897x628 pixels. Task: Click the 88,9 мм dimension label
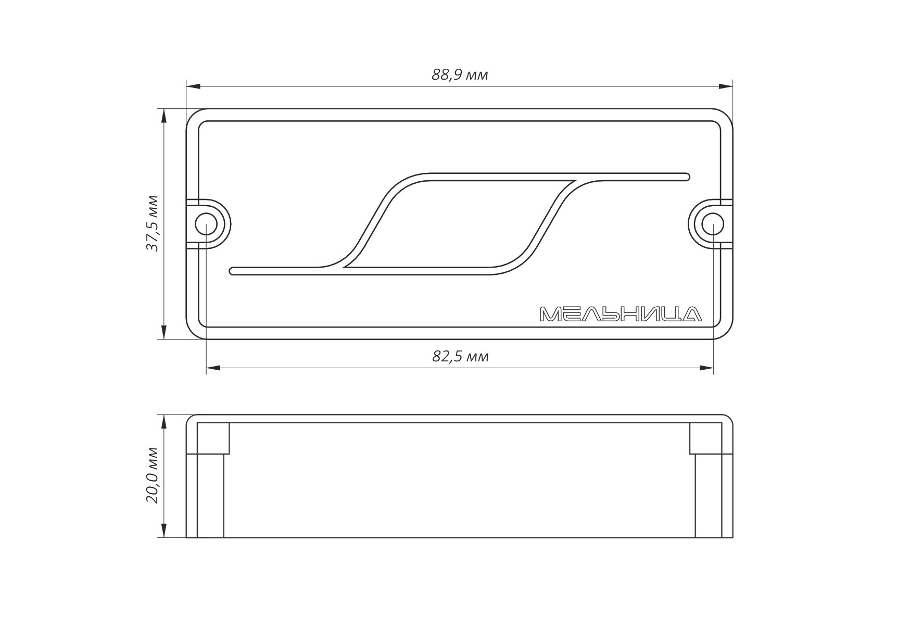(460, 75)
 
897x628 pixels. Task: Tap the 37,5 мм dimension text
(152, 223)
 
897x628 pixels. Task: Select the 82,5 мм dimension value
(460, 357)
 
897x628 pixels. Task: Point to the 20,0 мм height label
(152, 475)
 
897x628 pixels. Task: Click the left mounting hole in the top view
(206, 224)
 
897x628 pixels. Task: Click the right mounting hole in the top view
(713, 224)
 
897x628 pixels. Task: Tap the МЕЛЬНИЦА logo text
(621, 314)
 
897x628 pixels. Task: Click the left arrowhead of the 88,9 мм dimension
(193, 86)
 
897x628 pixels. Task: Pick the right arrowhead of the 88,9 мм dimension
(726, 86)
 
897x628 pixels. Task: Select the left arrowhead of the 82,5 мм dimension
(213, 368)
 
